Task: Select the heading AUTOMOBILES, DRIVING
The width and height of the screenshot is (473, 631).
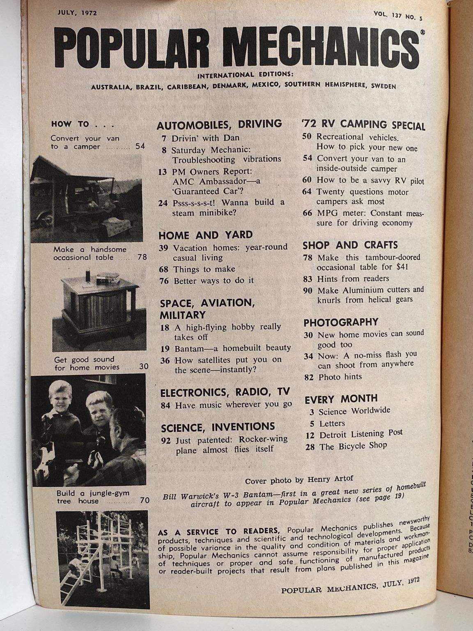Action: [220, 124]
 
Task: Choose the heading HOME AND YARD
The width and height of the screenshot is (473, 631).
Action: [205, 235]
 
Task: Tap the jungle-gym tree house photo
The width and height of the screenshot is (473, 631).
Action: [103, 559]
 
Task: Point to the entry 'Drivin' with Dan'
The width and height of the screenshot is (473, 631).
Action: [205, 138]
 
